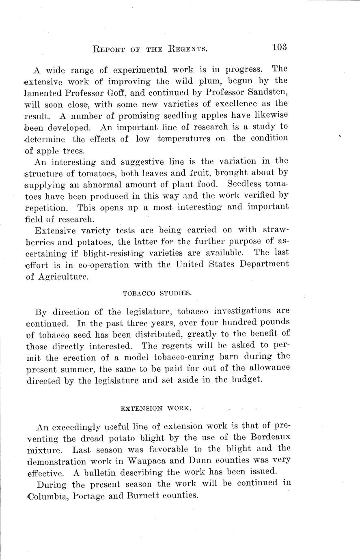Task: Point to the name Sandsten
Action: point(264,92)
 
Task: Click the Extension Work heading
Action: point(156,408)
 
